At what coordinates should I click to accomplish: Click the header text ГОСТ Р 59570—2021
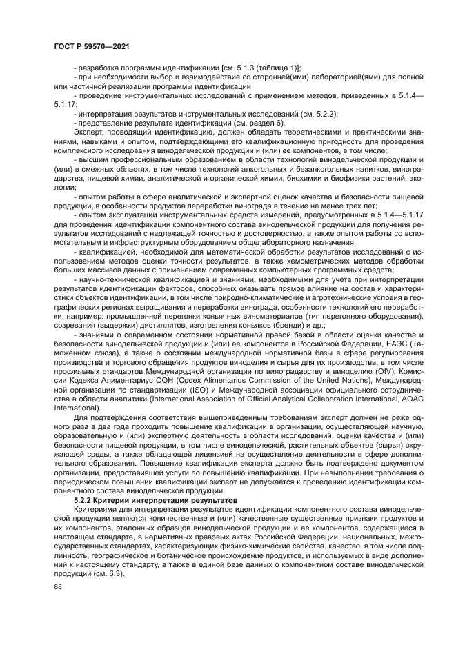tap(92, 46)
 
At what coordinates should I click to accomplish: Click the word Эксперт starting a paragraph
tap(88, 128)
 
